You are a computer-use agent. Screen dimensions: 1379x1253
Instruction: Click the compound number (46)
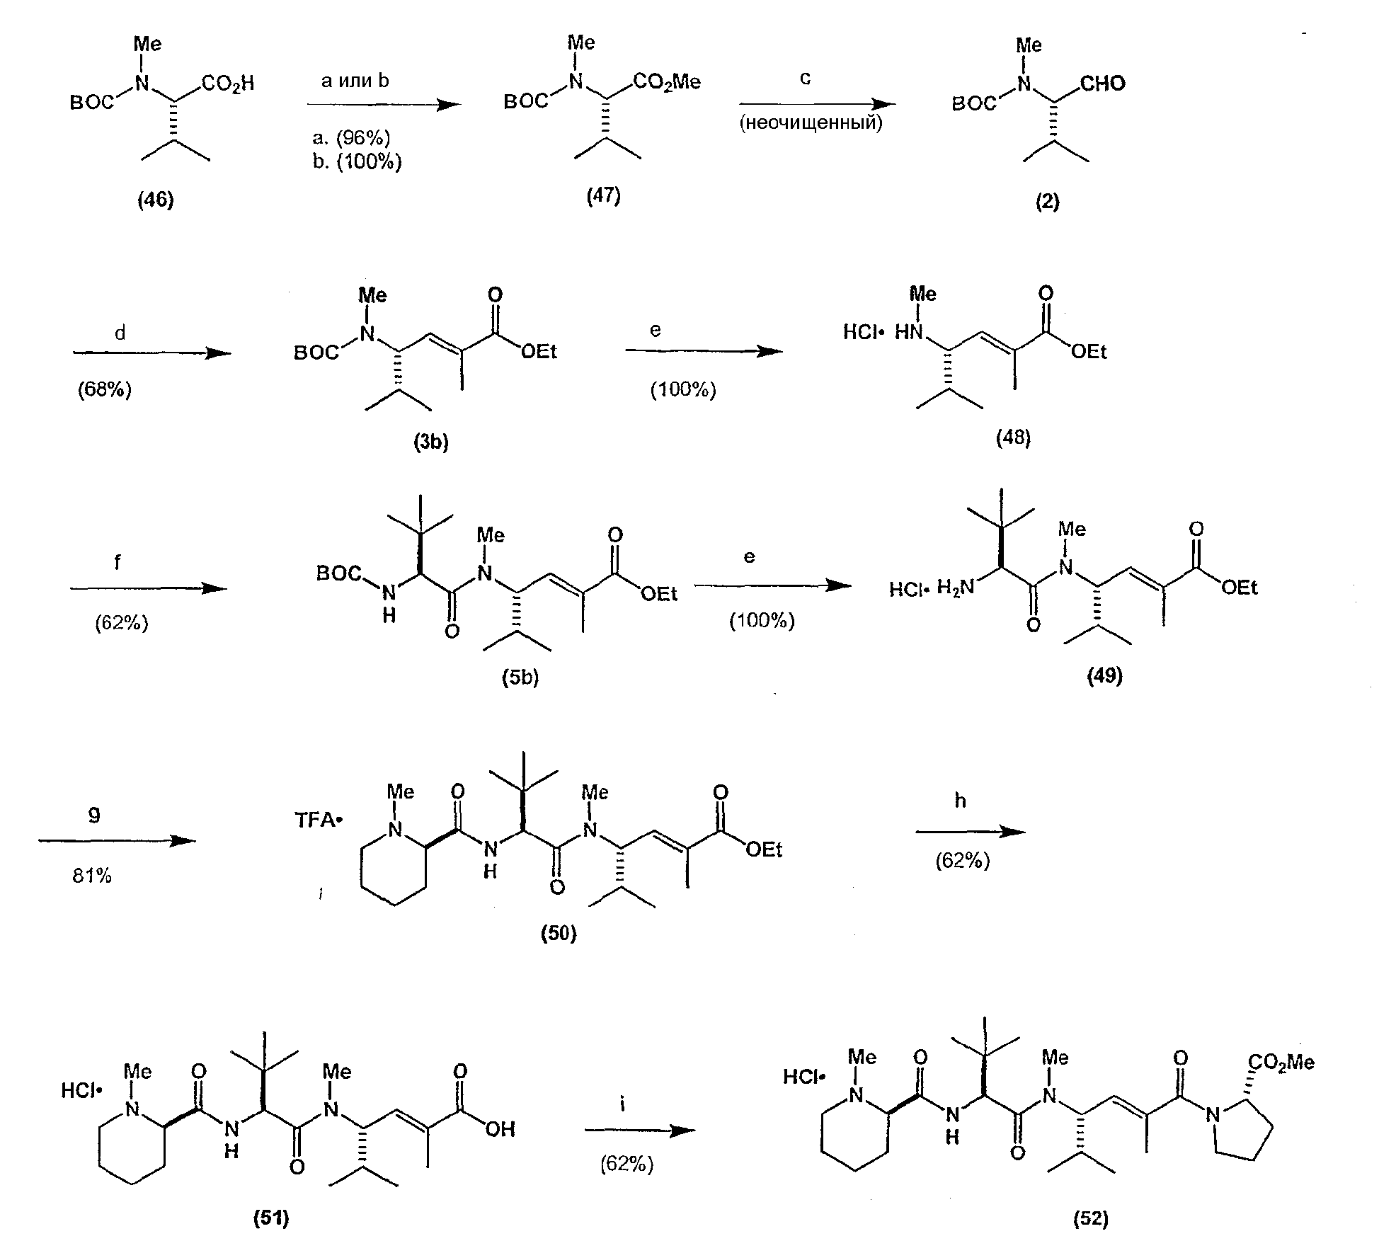[156, 200]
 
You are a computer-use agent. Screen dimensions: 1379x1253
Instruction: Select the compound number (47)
[603, 195]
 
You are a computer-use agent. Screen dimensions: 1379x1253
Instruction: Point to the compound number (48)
[1013, 438]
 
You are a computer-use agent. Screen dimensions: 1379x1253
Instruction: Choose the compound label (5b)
[520, 677]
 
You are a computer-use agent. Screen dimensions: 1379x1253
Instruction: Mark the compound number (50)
[559, 934]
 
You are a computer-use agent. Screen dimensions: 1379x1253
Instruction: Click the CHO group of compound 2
[1103, 84]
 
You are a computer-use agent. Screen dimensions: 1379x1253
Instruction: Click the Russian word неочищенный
[811, 124]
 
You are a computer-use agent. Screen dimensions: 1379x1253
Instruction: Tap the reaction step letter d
[120, 333]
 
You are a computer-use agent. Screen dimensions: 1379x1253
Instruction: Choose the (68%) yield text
[105, 389]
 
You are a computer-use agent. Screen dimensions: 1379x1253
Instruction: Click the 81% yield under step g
[92, 876]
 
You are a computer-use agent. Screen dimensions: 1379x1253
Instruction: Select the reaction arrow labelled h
[971, 833]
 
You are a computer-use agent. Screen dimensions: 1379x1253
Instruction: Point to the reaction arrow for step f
[149, 588]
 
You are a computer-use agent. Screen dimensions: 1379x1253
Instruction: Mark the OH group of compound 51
[500, 1129]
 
